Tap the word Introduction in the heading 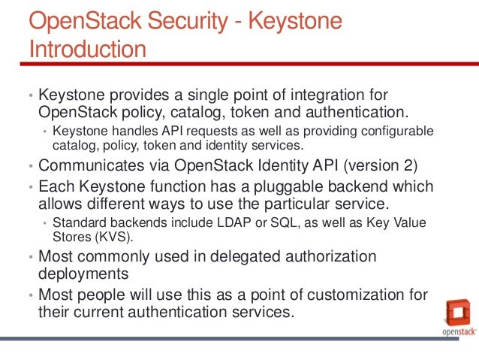[x=86, y=50]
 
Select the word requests [x=188, y=131]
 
